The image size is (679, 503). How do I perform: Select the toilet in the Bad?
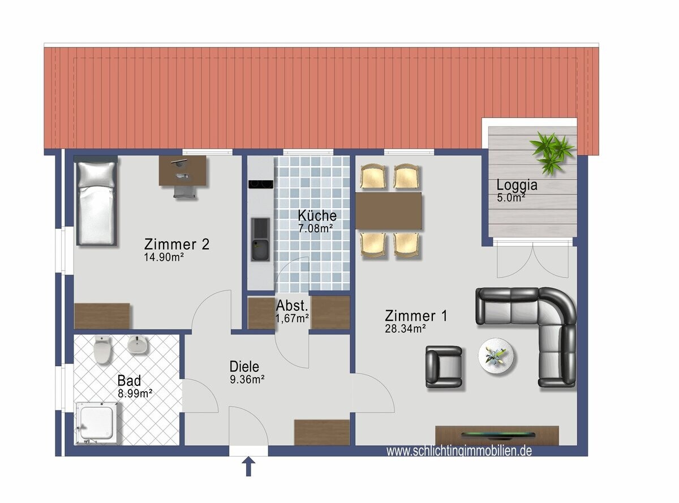pos(102,349)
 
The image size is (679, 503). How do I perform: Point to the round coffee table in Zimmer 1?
pos(497,356)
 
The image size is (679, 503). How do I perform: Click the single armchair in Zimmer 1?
pos(444,367)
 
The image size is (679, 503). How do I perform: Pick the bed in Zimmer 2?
pos(96,202)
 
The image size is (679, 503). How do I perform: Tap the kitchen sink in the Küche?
pos(261,240)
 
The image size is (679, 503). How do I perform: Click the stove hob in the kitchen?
pos(261,184)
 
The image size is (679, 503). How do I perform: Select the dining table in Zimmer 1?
pos(389,211)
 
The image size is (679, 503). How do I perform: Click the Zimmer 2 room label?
pos(177,244)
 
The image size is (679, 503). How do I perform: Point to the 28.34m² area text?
pos(405,328)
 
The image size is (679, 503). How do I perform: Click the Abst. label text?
pos(292,306)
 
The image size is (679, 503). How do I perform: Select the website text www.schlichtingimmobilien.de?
pos(459,451)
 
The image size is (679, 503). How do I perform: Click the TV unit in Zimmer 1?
pos(497,435)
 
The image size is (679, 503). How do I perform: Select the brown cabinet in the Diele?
pos(322,432)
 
